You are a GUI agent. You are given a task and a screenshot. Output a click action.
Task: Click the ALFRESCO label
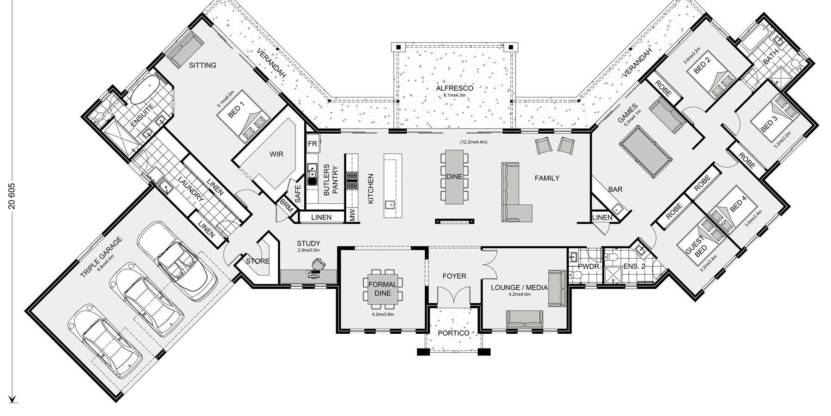click(455, 88)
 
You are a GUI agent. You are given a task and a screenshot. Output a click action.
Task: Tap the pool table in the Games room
click(646, 151)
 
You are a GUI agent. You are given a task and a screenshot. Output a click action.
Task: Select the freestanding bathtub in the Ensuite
click(145, 90)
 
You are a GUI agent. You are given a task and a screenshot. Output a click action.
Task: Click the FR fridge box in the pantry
click(313, 144)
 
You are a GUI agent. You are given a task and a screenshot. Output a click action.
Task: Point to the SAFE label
click(298, 194)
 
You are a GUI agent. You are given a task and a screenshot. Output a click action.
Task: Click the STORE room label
click(258, 261)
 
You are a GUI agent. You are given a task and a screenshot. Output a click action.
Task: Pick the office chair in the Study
click(318, 264)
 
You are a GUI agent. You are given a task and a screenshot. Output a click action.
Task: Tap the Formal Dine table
click(383, 289)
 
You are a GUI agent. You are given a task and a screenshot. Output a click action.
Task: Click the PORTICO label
click(453, 333)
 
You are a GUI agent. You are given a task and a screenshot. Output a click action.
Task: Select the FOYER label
click(454, 276)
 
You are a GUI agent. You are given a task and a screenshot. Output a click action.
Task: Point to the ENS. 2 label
click(634, 266)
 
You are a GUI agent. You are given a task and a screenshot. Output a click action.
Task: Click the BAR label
click(615, 190)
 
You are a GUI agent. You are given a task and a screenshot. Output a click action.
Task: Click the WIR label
click(277, 154)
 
